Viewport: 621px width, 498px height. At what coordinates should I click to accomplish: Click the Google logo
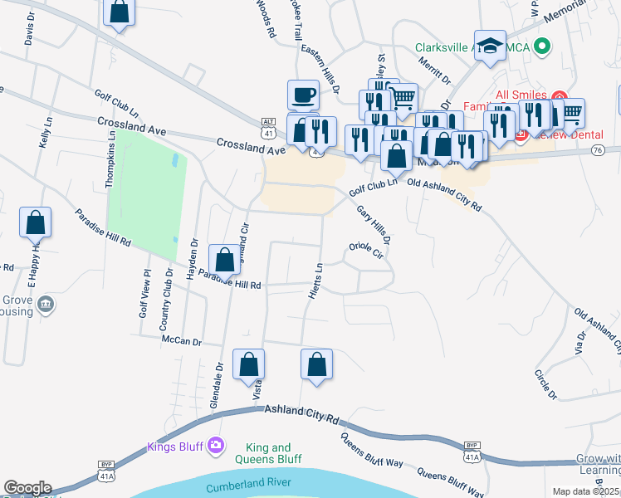[x=27, y=488]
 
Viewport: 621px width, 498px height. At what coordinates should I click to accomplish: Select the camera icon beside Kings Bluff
[x=216, y=446]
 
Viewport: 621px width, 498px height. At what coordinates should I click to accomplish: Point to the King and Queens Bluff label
[x=268, y=453]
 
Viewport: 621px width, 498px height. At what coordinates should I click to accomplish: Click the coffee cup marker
[x=303, y=94]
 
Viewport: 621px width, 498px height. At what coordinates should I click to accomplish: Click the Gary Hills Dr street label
[x=373, y=225]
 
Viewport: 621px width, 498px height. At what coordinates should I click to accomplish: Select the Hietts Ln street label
[x=314, y=282]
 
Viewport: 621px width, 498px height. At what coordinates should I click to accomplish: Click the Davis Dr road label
[x=31, y=32]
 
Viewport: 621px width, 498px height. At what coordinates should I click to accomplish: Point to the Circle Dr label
[x=544, y=383]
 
